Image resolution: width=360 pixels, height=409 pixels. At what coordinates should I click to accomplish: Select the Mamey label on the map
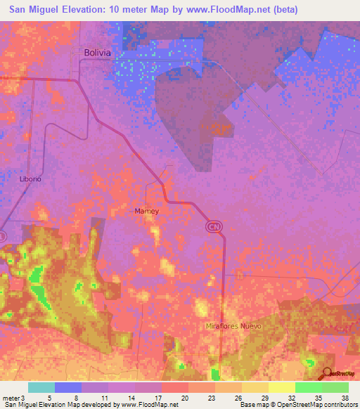coord(147,211)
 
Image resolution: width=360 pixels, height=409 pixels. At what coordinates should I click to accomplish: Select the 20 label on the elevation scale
coord(184,398)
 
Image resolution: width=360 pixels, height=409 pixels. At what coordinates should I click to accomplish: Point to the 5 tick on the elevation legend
coord(49,398)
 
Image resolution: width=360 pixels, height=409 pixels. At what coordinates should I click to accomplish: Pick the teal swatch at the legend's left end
coord(41,387)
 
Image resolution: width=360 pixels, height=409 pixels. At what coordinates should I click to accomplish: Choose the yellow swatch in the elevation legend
coord(281,387)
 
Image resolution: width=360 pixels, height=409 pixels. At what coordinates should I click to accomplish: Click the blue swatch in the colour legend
coord(68,387)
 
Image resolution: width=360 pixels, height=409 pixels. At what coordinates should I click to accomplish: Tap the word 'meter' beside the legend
coord(11,398)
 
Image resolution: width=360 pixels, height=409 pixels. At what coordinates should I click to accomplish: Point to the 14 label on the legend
coord(130,398)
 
